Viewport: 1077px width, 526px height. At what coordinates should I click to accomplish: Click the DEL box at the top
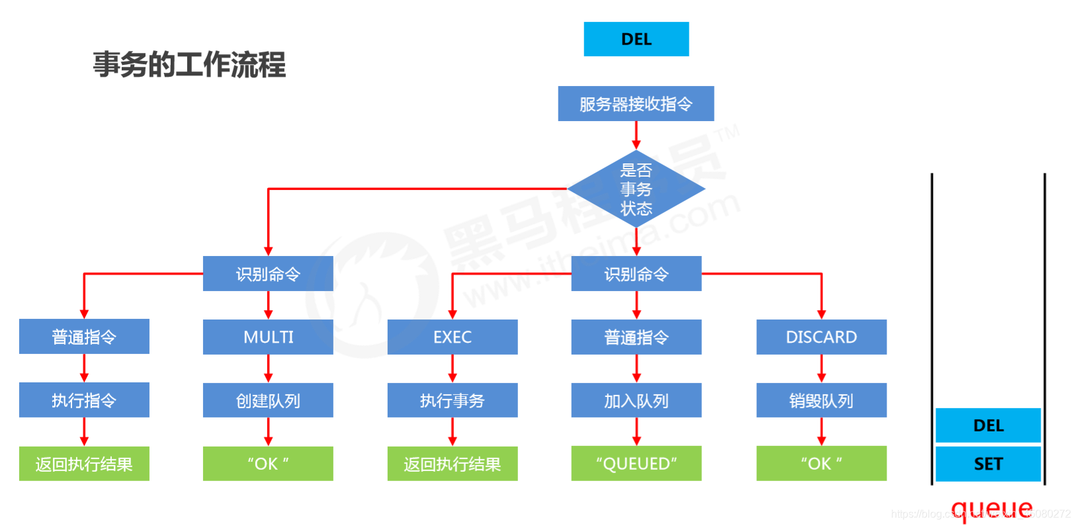[x=636, y=39]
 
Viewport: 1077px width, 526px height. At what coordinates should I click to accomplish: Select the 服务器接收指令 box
[x=636, y=104]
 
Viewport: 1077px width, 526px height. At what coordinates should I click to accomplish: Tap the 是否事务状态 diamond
[x=636, y=189]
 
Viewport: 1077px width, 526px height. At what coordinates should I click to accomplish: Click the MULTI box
[x=268, y=337]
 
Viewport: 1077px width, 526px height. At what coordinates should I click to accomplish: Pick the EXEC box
[x=452, y=337]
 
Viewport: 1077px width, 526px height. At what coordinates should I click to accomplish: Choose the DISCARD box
[x=821, y=337]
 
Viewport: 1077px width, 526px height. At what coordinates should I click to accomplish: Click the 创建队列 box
[x=268, y=400]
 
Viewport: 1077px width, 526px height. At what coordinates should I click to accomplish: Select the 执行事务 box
[x=452, y=400]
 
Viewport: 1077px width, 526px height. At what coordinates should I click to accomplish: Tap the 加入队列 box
[x=636, y=400]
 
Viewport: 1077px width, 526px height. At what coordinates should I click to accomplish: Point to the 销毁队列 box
[x=821, y=400]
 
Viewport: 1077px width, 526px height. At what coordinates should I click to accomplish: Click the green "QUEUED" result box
[x=636, y=464]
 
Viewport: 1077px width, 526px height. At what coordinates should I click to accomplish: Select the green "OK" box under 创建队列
[x=268, y=464]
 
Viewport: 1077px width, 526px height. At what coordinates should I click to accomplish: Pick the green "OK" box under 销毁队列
[x=821, y=464]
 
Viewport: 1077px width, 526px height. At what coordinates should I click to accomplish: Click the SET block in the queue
[x=988, y=464]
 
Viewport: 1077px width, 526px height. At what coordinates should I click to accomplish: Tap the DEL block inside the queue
[x=988, y=425]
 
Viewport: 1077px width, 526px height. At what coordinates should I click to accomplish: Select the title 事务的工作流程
[x=189, y=65]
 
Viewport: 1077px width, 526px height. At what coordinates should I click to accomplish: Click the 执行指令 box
[x=84, y=400]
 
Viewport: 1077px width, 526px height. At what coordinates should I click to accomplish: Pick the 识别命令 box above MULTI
[x=268, y=274]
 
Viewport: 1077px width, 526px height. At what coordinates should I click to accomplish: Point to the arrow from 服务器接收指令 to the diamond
[x=636, y=136]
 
